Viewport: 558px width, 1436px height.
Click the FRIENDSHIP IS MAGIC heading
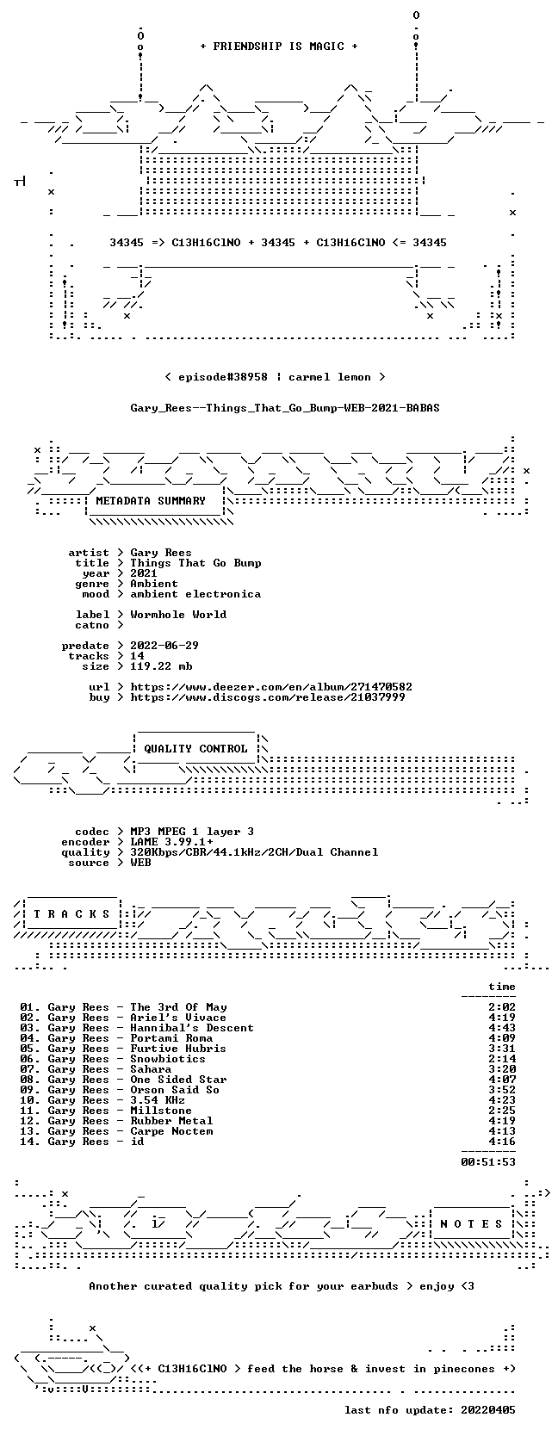279,46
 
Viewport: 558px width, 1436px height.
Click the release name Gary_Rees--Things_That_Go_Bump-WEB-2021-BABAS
285,408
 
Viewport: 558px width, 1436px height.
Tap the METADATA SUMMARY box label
151,501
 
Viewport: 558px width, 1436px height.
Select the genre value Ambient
154,584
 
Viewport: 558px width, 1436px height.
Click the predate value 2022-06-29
164,645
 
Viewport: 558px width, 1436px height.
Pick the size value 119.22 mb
161,665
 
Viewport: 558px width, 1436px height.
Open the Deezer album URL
271,686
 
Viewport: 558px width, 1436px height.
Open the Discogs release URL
268,696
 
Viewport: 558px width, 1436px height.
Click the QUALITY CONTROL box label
195,748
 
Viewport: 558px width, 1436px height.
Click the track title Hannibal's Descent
192,1028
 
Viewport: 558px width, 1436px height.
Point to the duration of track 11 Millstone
501,1110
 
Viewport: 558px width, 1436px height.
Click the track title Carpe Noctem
171,1130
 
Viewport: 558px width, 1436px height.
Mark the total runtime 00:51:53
488,1161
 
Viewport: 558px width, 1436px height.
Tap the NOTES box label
471,1224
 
